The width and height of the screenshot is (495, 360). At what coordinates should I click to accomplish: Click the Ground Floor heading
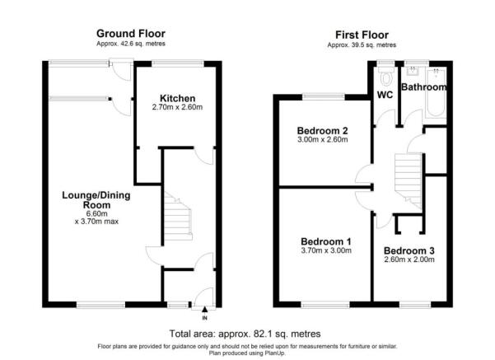[x=131, y=34]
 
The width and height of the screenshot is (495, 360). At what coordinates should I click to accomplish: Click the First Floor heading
[x=362, y=35]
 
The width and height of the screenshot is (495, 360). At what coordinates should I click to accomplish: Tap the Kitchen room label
[x=177, y=98]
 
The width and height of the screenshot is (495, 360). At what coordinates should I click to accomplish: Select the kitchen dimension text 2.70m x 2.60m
[x=177, y=107]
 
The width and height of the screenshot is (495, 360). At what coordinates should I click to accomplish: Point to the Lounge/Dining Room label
[x=96, y=200]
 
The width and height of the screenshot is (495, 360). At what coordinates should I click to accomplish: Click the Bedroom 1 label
[x=326, y=241]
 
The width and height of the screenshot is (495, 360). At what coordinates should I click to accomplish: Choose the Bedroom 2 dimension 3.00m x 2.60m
[x=323, y=139]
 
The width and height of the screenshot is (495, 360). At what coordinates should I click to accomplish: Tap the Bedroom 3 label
[x=409, y=250]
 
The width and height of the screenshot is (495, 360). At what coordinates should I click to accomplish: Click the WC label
[x=385, y=95]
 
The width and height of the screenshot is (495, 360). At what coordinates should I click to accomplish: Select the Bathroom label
[x=423, y=86]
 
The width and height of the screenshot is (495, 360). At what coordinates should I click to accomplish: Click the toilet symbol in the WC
[x=386, y=77]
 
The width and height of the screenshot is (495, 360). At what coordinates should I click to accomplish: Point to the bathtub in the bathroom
[x=436, y=93]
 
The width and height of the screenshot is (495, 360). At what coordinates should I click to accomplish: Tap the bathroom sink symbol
[x=413, y=71]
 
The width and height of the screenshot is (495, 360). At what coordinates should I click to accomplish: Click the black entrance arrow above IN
[x=204, y=309]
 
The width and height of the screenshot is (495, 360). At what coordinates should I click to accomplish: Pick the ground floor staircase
[x=177, y=217]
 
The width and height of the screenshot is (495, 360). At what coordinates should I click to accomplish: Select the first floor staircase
[x=409, y=180]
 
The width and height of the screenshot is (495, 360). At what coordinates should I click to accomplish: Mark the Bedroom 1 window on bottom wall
[x=325, y=305]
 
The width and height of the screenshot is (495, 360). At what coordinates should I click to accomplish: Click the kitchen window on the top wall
[x=178, y=63]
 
